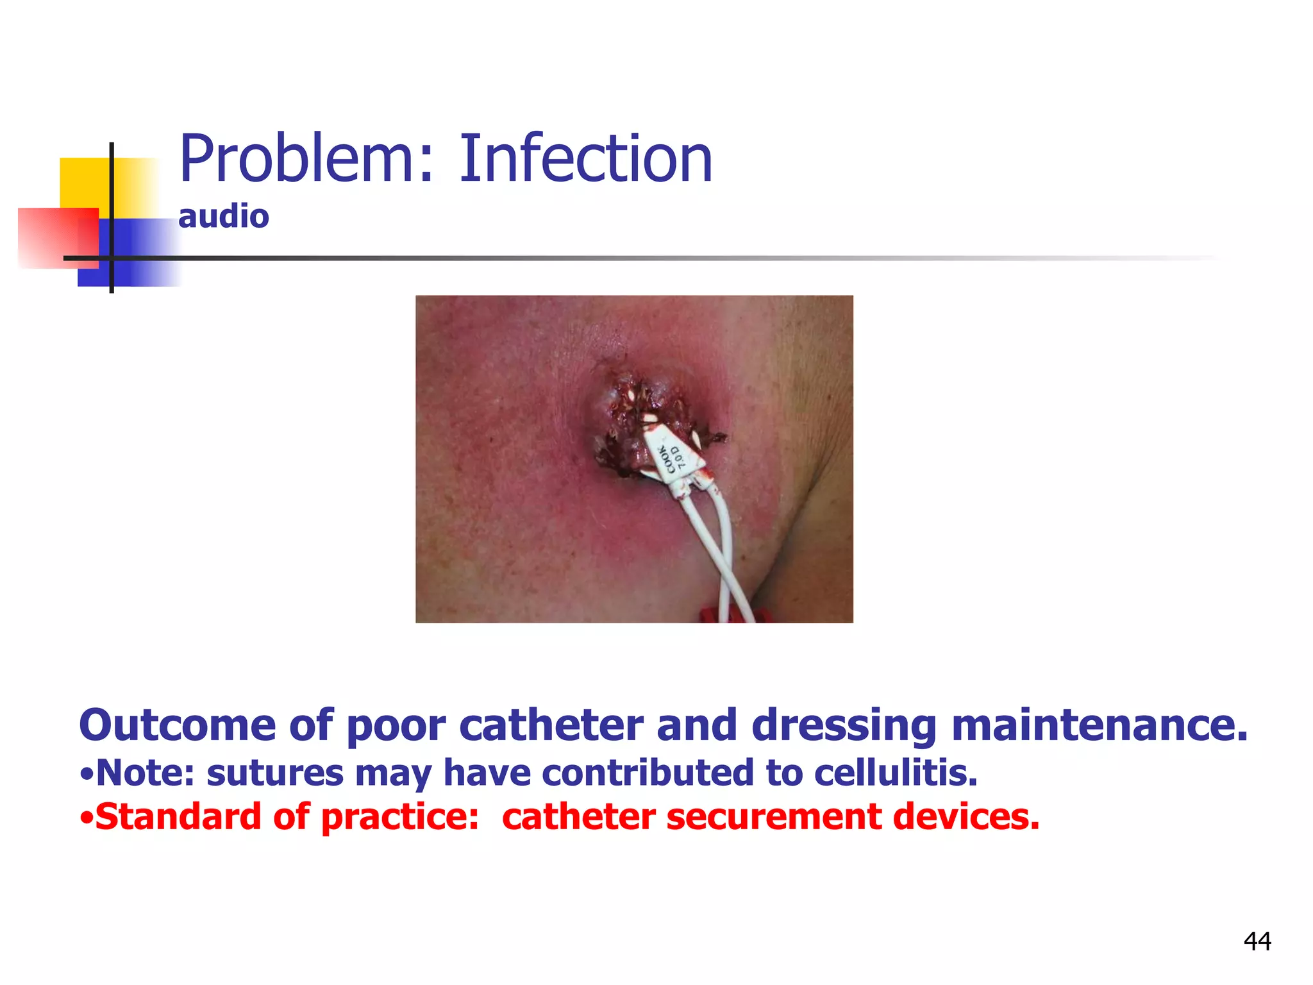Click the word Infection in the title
tap(585, 158)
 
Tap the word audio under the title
tap(224, 216)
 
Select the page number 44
tap(1257, 941)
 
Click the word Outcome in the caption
tap(177, 725)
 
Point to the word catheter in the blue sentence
tap(551, 725)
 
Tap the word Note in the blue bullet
tap(137, 773)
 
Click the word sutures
tap(275, 773)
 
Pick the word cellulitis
tap(896, 773)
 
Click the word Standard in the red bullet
tap(178, 817)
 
